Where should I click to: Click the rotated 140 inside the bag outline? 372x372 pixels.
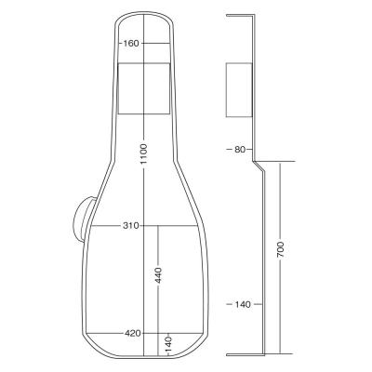[x=168, y=343]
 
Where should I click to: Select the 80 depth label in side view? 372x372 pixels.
[x=240, y=149]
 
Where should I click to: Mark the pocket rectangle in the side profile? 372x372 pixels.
[x=239, y=89]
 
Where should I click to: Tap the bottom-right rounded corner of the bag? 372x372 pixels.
[x=200, y=349]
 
